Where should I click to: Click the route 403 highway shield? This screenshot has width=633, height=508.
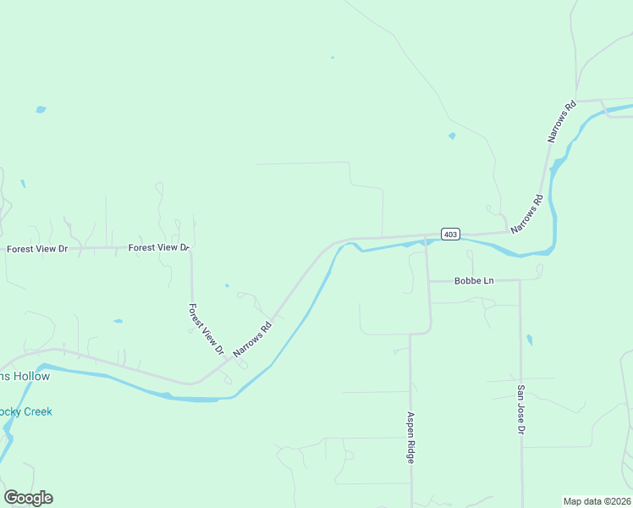click(x=450, y=234)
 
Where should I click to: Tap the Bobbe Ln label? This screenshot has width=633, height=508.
click(x=473, y=280)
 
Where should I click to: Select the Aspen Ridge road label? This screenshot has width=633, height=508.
click(x=410, y=437)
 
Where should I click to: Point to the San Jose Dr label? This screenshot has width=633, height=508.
click(x=521, y=410)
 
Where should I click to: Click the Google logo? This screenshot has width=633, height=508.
click(x=28, y=498)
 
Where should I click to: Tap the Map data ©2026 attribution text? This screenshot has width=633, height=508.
click(x=597, y=500)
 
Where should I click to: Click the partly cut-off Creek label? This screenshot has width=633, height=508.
click(x=25, y=411)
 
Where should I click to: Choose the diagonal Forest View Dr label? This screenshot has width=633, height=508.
click(x=206, y=329)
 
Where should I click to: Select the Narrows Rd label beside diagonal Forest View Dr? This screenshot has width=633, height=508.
click(x=252, y=338)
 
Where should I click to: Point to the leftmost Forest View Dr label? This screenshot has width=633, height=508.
click(x=36, y=249)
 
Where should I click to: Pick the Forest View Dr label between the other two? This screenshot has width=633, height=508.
click(x=158, y=247)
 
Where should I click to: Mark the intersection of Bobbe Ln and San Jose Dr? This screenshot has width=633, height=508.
click(x=520, y=280)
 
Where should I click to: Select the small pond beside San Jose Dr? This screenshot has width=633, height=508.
click(x=530, y=340)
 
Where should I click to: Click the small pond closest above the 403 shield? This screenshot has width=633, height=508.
click(x=452, y=135)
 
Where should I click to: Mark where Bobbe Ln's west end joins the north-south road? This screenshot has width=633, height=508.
click(x=427, y=280)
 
